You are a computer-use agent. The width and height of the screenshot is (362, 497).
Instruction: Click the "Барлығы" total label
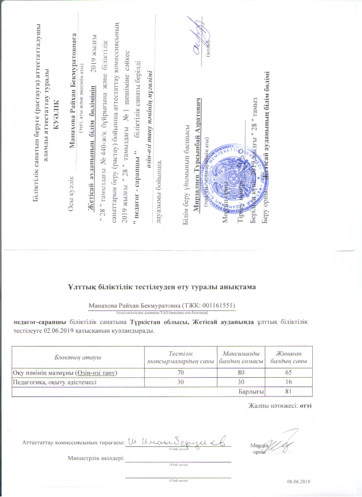click(251, 391)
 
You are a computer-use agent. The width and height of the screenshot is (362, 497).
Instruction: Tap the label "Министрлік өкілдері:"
click(95, 458)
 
